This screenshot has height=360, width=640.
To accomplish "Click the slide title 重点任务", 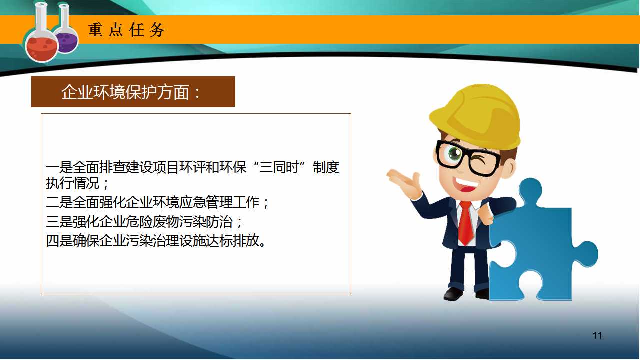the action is click(126, 30).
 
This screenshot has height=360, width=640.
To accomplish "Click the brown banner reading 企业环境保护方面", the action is click(133, 91).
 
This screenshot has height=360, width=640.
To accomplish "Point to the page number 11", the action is click(597, 335).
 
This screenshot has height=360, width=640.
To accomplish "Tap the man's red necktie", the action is click(466, 223).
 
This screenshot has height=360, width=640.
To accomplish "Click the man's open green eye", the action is click(454, 154).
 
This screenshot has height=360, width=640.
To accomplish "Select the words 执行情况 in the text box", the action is click(73, 183).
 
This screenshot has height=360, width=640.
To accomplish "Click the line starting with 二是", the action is click(157, 202).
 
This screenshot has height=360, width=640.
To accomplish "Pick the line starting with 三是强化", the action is click(144, 222).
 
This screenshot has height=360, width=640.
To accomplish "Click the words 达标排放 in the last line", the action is click(233, 241).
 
